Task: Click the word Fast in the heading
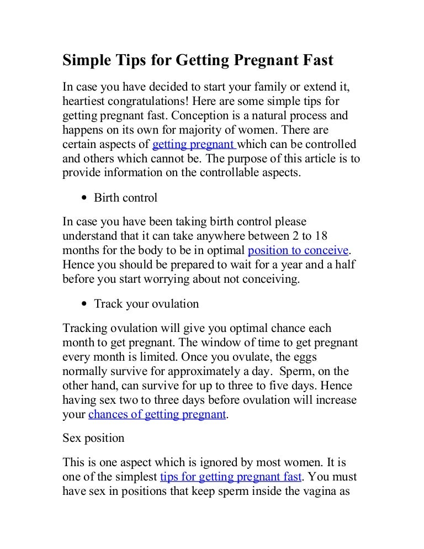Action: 316,60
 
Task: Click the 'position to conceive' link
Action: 298,250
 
